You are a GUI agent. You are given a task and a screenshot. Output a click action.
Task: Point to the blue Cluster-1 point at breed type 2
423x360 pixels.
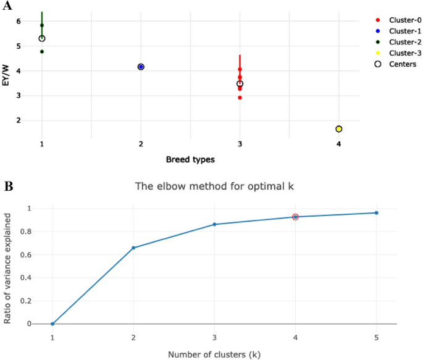pos(141,67)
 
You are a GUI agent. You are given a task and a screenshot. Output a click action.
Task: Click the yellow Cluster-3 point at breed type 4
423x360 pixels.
pos(338,129)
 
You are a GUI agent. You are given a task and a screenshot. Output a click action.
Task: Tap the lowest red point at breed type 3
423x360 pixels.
pos(240,98)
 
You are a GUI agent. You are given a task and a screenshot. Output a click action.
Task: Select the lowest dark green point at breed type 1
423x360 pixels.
pos(42,52)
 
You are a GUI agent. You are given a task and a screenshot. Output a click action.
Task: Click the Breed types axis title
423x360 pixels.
pos(190,160)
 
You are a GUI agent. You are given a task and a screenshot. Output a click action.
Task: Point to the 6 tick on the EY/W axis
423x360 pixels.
pos(19,22)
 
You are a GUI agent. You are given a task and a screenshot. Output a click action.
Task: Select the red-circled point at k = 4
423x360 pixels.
pos(295,217)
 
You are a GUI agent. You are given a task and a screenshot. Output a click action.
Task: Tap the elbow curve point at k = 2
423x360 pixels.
pos(133,248)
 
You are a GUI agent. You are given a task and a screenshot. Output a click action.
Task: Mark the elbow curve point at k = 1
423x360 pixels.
pos(52,324)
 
